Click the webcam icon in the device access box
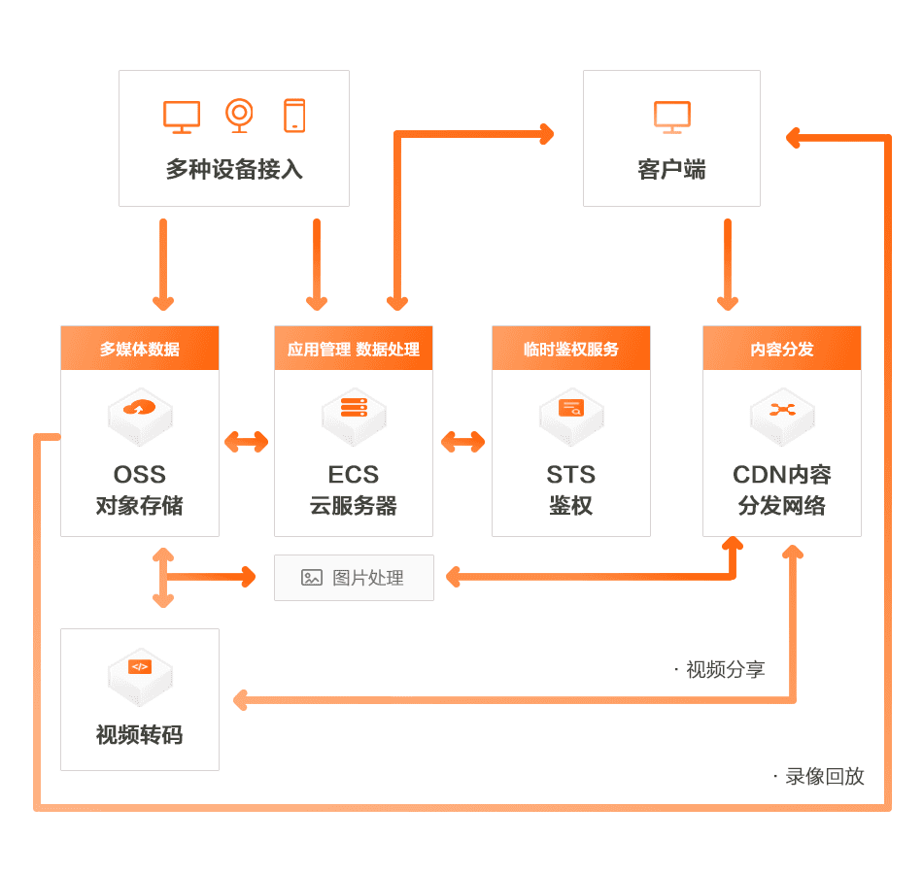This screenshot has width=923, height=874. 239,115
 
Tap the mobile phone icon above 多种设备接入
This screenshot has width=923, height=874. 294,115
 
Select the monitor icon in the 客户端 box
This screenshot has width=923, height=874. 671,116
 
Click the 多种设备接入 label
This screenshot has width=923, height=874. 234,170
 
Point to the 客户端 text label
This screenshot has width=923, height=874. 671,170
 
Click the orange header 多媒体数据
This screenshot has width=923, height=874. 140,349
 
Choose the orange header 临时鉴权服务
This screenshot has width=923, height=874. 571,349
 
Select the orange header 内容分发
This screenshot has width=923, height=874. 782,349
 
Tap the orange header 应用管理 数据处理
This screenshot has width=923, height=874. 354,349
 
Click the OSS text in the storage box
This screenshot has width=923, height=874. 140,475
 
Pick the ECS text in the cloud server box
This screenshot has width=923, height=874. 354,475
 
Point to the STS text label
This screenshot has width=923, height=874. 571,475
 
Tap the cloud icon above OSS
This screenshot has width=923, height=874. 140,409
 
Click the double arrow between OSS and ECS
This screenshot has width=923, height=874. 247,442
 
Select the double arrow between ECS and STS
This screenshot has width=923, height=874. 462,442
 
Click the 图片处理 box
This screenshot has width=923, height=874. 354,578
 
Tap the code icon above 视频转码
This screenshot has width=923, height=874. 140,668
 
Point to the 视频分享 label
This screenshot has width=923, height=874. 725,669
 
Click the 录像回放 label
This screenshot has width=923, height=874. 824,776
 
